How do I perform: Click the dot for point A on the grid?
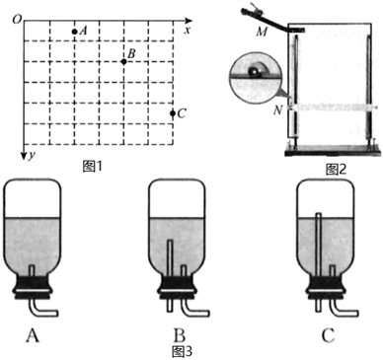pos(74,32)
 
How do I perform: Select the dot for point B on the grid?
pos(123,61)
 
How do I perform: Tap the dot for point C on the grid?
pos(173,113)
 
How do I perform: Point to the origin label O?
pos(17,20)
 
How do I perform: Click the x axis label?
pos(188,31)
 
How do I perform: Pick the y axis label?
pos(31,155)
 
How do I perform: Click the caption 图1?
pos(93,167)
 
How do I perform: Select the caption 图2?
pos(336,170)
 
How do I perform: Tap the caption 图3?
pos(182,351)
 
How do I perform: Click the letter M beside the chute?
pos(262,33)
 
